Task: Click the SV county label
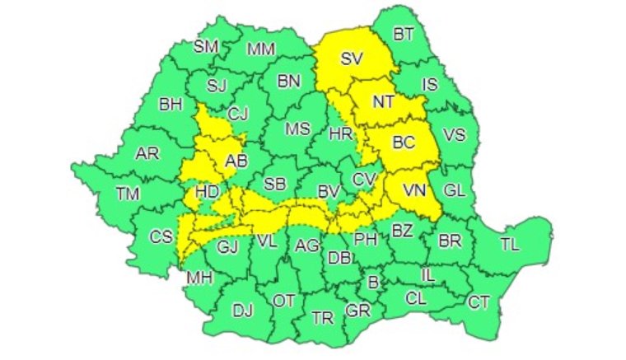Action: pos(353,58)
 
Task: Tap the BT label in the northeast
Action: pos(404,34)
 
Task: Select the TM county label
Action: pos(128,194)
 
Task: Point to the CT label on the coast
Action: pos(479,302)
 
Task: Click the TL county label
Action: pos(510,245)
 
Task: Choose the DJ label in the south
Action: pos(242,311)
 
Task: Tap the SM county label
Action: pos(206,46)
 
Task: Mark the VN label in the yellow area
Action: pos(414,190)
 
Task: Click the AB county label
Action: pos(237,161)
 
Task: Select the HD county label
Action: pos(208,192)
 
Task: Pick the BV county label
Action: pos(329,192)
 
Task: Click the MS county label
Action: pos(297,129)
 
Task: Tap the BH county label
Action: pos(171,105)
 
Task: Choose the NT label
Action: pos(383,102)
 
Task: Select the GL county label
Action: pos(455,190)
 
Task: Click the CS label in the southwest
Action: pos(161,236)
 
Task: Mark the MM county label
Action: pos(262,49)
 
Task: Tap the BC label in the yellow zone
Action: pos(404,142)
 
